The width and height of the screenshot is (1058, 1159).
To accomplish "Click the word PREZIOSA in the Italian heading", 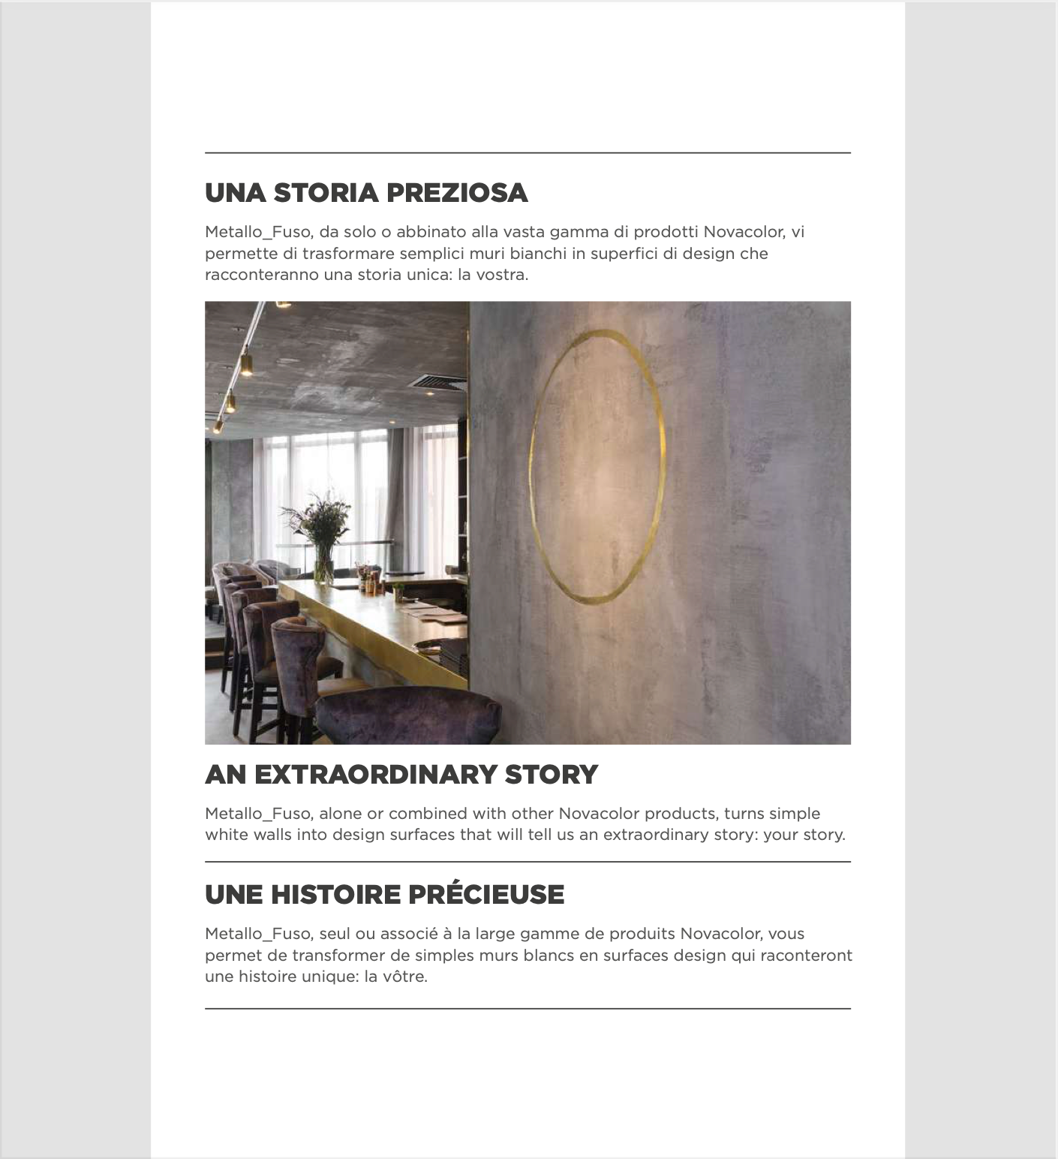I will coord(457,193).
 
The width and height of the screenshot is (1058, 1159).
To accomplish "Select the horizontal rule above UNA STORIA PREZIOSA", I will coord(527,153).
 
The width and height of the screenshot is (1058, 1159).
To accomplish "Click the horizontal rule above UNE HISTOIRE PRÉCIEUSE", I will coord(527,862).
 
